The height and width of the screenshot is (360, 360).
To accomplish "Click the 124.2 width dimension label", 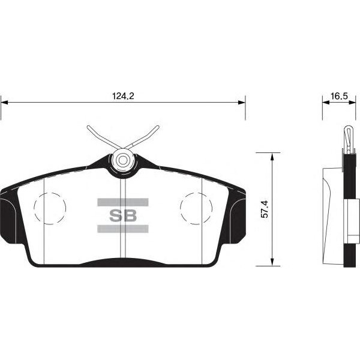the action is (123, 96).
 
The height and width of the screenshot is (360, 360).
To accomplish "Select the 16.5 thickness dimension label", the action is (339, 96).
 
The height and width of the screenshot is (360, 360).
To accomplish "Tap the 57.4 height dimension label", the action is (264, 209).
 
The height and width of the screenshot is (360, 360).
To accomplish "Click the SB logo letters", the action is (123, 215).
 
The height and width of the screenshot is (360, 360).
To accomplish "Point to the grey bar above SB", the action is (123, 202).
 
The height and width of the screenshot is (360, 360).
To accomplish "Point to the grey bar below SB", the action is (123, 229).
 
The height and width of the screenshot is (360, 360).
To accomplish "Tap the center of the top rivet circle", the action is (123, 160).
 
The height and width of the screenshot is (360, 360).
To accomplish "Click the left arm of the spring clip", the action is (103, 138).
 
